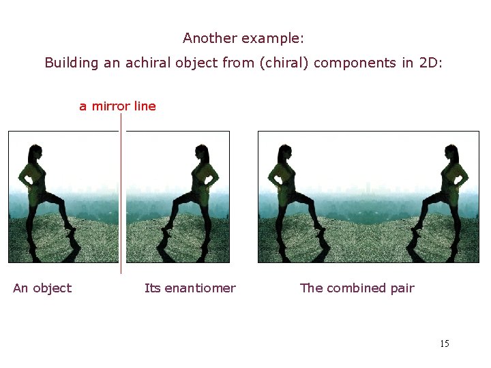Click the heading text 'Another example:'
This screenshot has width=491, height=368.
248,38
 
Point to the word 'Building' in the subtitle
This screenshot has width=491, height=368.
72,63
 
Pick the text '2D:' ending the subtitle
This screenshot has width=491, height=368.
431,63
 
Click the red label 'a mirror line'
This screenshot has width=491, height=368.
117,106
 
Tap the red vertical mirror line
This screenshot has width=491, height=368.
121,204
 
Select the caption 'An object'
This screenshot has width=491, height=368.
42,288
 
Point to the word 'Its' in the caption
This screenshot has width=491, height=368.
153,288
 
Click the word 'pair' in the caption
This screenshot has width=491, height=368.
402,288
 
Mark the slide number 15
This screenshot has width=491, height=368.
445,343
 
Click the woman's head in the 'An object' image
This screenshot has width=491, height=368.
33,151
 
